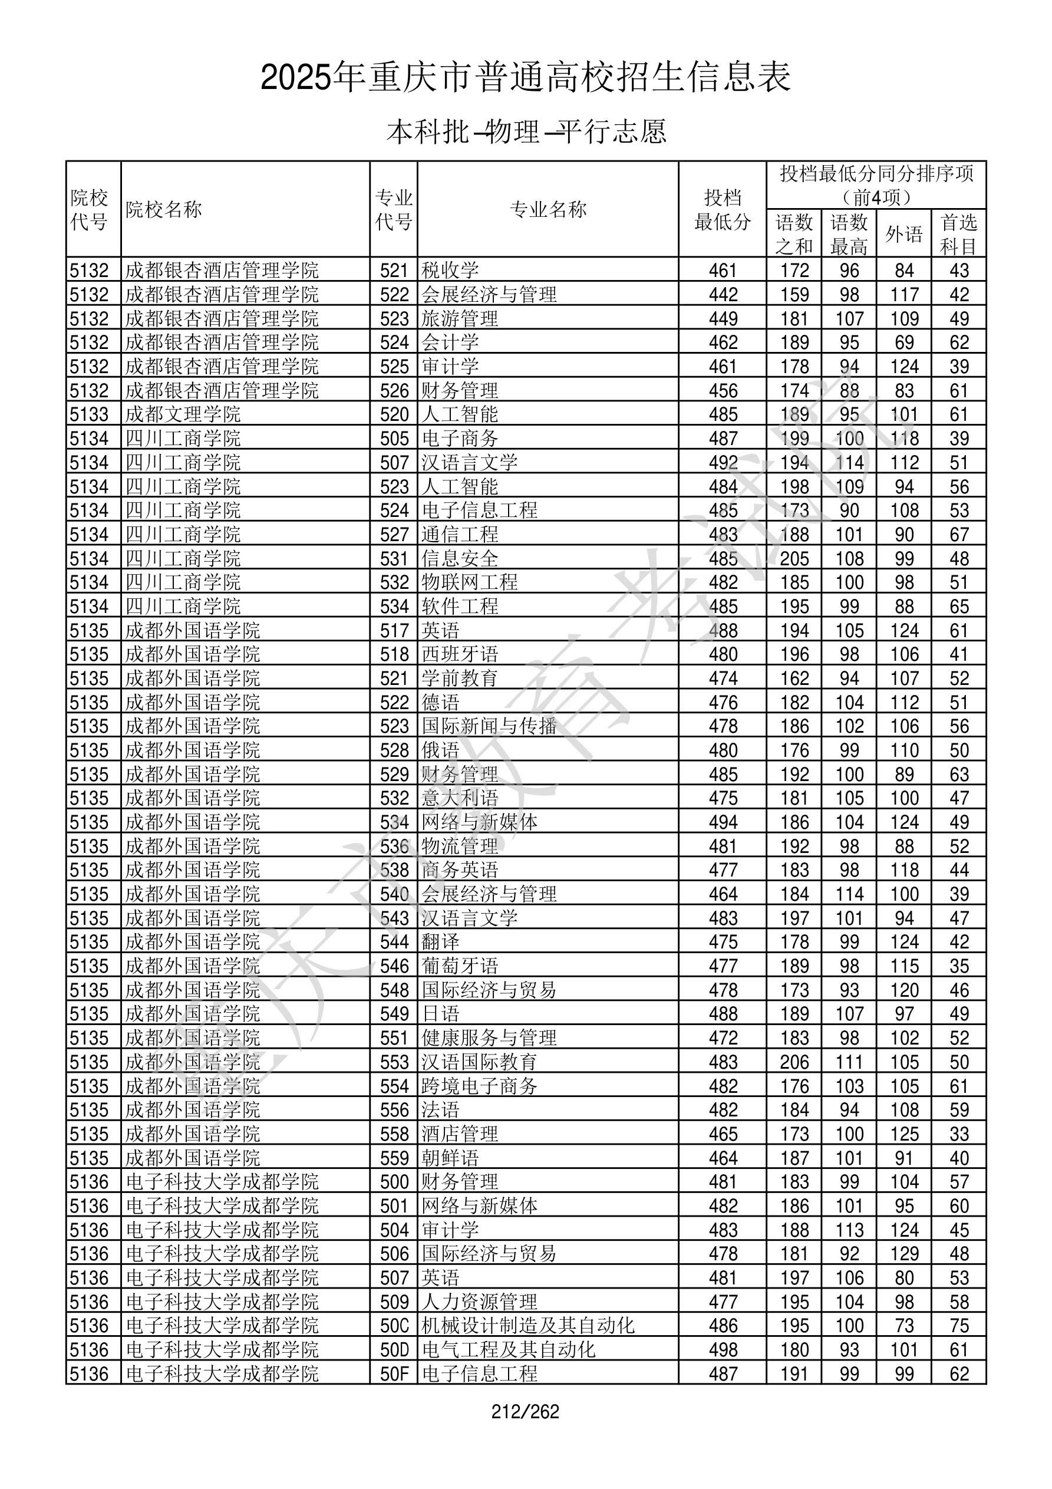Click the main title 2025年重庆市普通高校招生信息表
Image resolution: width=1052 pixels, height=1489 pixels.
[x=525, y=78]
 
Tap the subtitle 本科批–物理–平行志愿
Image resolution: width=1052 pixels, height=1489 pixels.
[x=526, y=131]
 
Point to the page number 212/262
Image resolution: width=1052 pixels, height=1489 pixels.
[x=525, y=1411]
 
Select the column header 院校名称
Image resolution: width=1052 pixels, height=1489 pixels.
[x=164, y=209]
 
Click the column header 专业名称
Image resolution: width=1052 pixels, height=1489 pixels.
[x=548, y=209]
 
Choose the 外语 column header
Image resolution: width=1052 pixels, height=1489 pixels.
[x=903, y=234]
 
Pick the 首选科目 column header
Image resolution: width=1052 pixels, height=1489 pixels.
[x=959, y=234]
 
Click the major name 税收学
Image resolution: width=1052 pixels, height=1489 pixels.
[x=450, y=271]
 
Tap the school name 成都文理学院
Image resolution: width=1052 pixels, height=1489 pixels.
[x=183, y=414]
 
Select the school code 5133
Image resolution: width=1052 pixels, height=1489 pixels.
[x=90, y=414]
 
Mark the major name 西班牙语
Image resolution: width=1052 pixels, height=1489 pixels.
[x=460, y=654]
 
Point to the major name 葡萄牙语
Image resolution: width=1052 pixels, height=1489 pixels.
[x=460, y=966]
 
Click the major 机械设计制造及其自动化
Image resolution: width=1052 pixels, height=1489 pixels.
[x=528, y=1326]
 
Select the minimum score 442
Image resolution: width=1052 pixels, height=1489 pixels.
[x=723, y=294]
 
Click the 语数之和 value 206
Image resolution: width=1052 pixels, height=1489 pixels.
[x=794, y=1062]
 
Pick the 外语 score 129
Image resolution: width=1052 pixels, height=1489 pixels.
[x=903, y=1254]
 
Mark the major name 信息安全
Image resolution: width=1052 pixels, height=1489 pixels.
[x=460, y=558]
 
